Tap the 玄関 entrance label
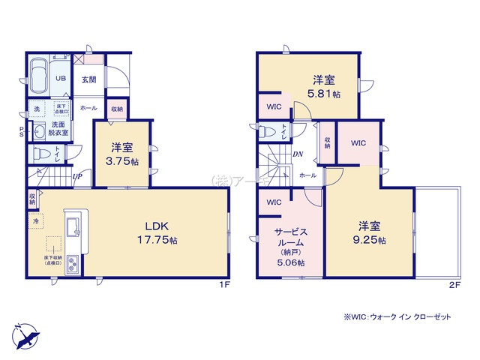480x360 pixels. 88,79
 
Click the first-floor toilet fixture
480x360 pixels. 45,154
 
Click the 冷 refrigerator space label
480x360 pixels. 36,222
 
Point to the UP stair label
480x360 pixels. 78,176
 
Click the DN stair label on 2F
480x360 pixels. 298,154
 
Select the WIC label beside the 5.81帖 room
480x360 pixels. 274,106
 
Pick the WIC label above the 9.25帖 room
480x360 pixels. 358,142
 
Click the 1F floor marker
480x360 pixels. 223,285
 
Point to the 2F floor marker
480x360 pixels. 453,285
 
